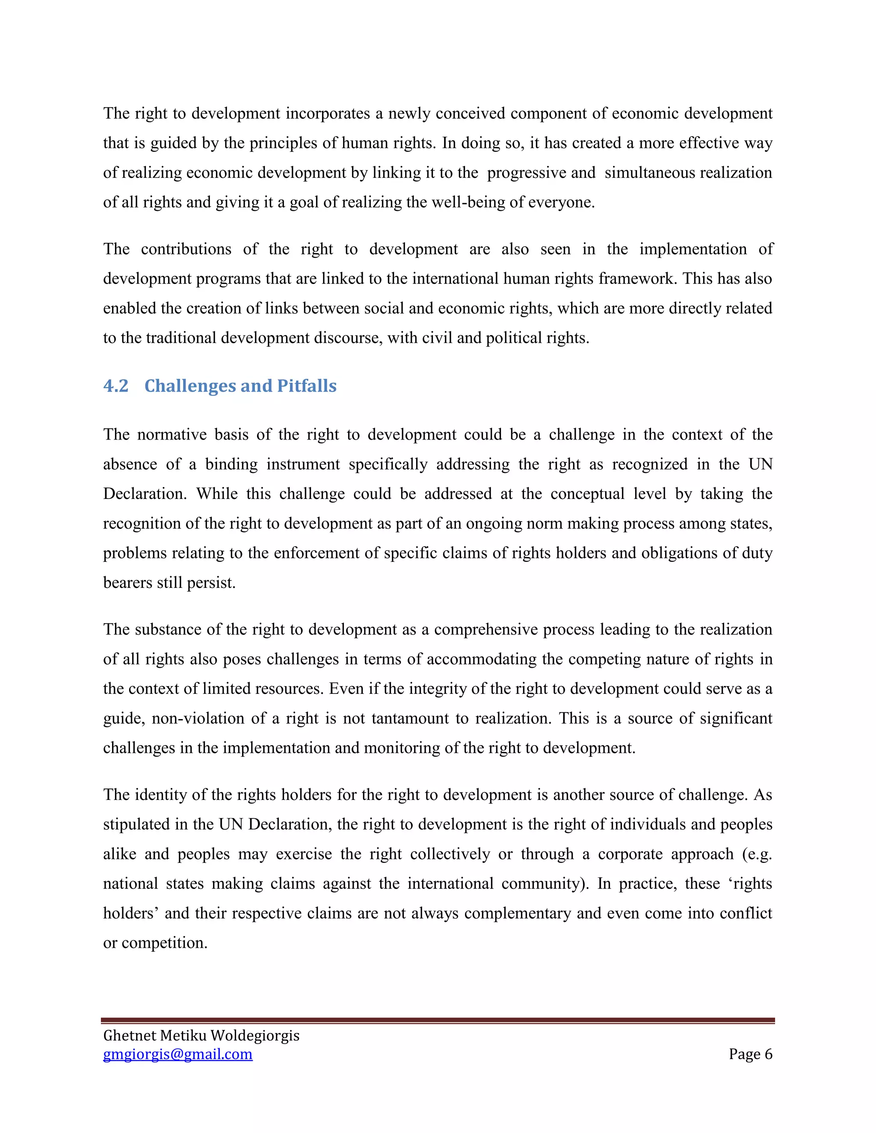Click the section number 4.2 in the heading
116,386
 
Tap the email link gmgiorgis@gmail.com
178,1054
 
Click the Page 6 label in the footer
750,1054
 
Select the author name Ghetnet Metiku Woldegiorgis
201,1036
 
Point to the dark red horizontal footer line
438,1020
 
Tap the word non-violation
197,719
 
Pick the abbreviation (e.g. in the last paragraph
757,854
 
